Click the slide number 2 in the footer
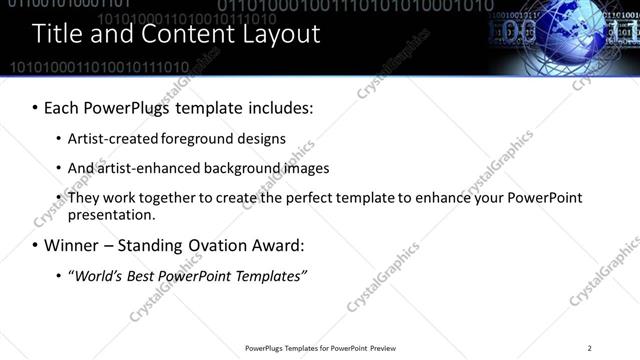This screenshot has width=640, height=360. coord(590,347)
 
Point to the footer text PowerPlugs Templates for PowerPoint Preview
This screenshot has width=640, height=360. coord(320,347)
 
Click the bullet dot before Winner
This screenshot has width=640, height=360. coord(35,245)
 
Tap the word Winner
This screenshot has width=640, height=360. coord(72,245)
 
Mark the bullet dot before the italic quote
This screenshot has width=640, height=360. coord(58,276)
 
